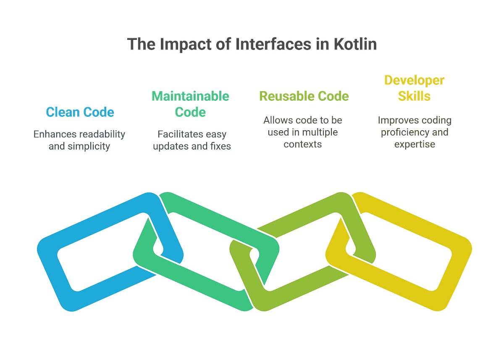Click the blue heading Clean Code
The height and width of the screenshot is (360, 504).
[x=80, y=112]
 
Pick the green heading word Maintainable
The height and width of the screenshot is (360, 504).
[x=190, y=96]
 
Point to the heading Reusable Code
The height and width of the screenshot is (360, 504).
[x=304, y=96]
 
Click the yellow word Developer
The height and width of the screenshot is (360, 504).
[x=414, y=80]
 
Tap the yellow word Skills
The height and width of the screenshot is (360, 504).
[x=414, y=96]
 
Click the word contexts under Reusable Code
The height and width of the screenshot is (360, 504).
[x=302, y=144]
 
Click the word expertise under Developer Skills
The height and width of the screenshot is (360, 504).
[x=414, y=144]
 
